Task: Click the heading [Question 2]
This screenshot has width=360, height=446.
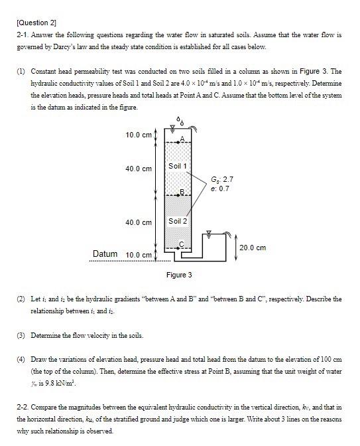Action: [x=34, y=22]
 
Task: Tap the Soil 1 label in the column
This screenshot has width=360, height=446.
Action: [x=178, y=165]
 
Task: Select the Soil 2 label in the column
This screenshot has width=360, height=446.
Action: [x=178, y=220]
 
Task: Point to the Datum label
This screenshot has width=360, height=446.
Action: [x=105, y=254]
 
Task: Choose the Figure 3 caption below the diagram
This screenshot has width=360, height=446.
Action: [x=180, y=275]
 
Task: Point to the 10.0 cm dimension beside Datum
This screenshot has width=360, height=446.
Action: [x=138, y=256]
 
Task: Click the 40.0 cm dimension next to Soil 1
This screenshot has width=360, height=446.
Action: [x=138, y=169]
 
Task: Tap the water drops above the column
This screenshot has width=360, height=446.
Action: [x=181, y=121]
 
